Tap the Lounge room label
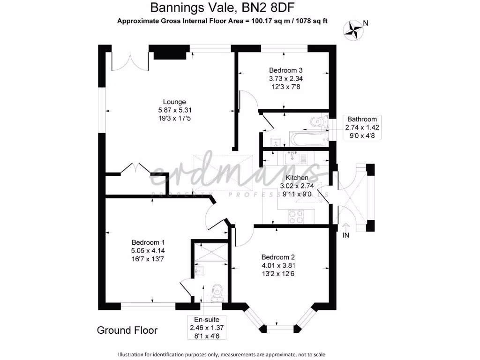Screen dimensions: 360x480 [x=174, y=102]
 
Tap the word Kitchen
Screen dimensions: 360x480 [x=297, y=178]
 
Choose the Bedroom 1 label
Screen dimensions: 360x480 [x=148, y=242]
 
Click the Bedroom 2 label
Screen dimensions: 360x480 [x=278, y=257]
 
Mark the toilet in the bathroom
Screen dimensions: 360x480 [x=320, y=121]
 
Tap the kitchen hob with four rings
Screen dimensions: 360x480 [x=296, y=216]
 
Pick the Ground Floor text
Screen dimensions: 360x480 [x=127, y=330]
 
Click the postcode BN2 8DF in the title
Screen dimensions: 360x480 [x=275, y=8]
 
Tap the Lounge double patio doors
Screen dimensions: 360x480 [x=130, y=61]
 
